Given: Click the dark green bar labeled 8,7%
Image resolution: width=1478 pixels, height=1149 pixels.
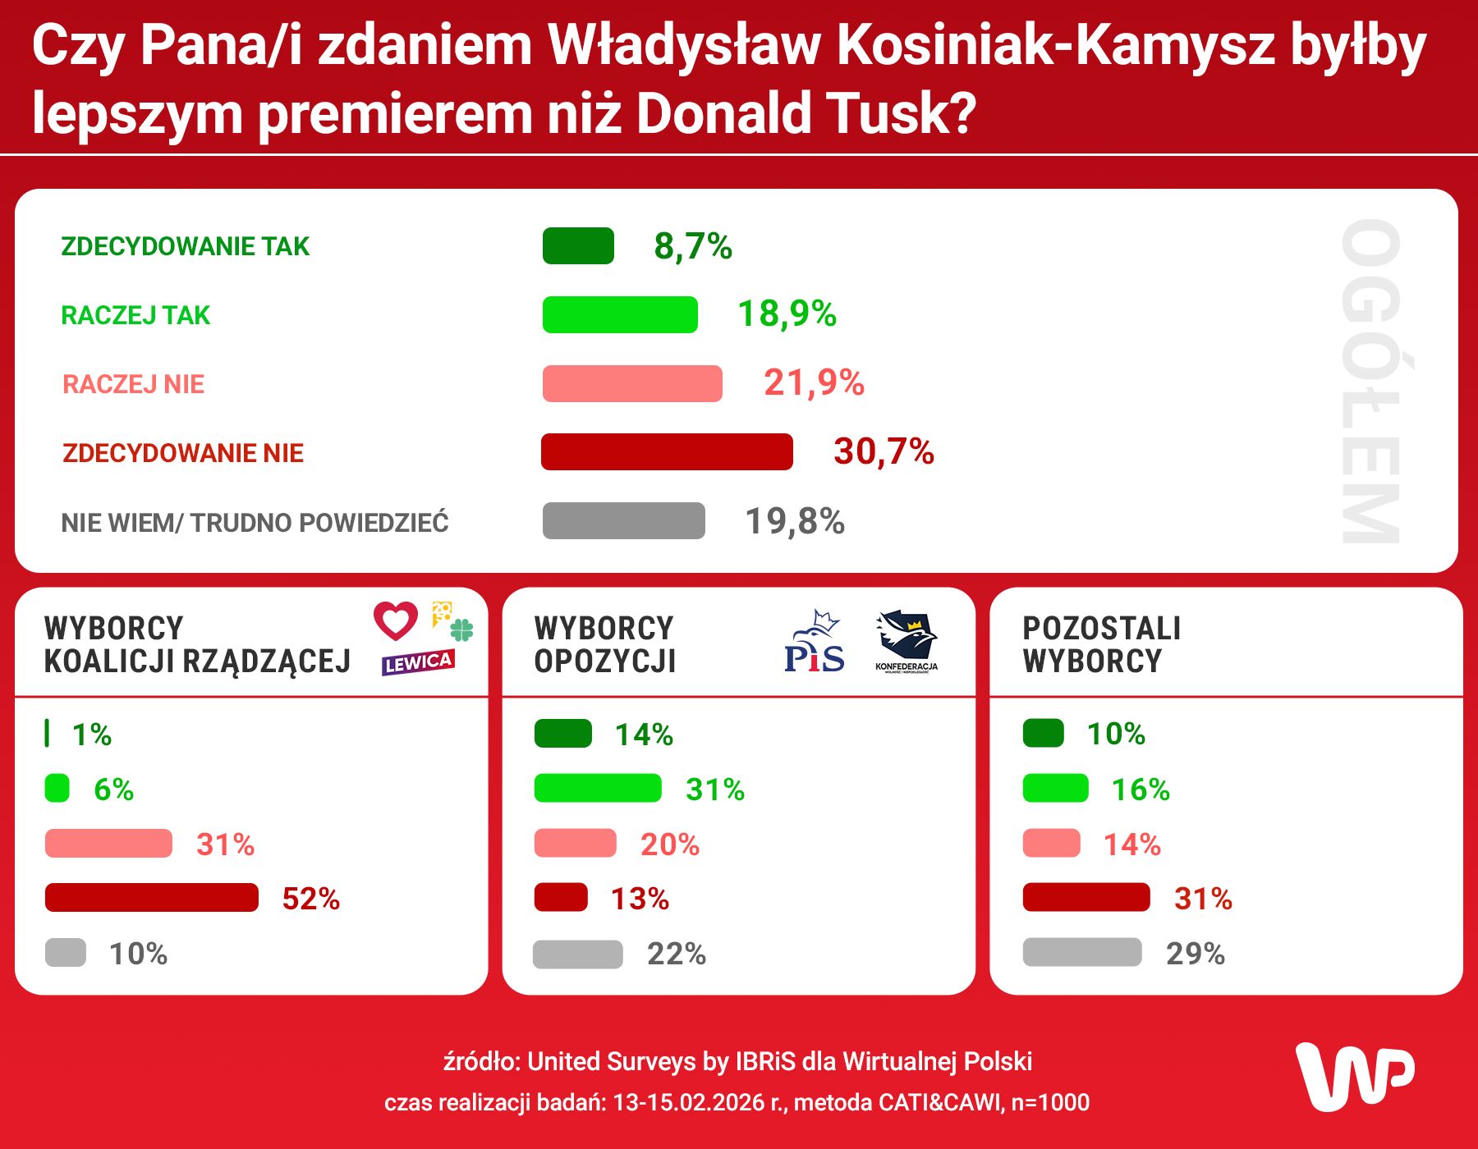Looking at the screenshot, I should (578, 245).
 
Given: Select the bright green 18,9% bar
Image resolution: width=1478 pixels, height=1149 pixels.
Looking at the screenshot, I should (620, 314).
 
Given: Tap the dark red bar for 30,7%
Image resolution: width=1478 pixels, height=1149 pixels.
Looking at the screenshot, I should (667, 451).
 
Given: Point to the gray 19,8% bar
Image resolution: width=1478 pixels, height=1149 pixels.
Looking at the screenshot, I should (623, 520).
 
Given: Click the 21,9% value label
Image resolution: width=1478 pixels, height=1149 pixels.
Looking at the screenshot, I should (814, 382).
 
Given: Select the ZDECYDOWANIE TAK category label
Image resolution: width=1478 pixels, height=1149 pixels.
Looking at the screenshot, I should (185, 246).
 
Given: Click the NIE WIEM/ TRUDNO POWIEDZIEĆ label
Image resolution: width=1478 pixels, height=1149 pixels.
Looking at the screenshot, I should (255, 522).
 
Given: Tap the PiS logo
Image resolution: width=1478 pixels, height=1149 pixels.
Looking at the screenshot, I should (814, 643).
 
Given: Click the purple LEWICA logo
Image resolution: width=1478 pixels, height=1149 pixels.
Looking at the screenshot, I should (418, 662).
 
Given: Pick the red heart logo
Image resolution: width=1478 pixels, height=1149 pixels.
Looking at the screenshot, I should (396, 620).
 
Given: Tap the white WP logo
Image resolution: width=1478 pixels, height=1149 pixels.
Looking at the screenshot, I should (1355, 1076).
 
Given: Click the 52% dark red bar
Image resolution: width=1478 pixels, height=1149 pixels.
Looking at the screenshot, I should (152, 898).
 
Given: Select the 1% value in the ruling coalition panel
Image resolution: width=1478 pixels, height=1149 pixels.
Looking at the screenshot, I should (91, 735).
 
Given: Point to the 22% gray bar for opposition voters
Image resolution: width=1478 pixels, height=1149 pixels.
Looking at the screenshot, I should (577, 954).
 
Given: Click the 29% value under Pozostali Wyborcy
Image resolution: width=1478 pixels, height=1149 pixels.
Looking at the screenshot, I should (1195, 954).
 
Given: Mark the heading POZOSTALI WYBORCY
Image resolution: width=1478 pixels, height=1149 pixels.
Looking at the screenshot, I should (1101, 644).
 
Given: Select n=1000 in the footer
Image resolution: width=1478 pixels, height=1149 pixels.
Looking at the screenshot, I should (1050, 1102).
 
